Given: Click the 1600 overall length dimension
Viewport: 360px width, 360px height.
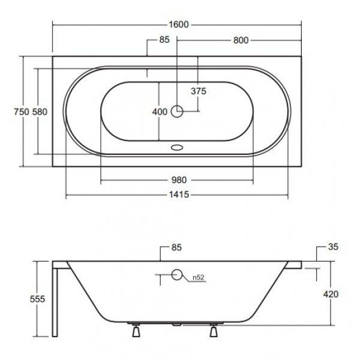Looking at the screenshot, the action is click(179, 25).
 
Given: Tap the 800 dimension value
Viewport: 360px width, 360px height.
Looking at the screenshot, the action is click(241, 40).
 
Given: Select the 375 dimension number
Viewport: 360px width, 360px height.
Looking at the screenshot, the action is click(199, 91).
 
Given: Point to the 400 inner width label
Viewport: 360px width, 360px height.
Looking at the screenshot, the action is click(160, 112).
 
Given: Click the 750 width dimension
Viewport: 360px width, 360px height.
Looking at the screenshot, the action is click(22, 112).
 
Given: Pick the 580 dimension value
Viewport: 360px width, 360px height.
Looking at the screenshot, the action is click(40, 112).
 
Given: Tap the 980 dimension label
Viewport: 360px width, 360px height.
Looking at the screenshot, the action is click(179, 180).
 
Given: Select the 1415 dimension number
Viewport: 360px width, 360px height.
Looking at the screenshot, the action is click(179, 194).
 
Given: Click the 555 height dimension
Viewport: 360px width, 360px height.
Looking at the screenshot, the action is click(37, 299).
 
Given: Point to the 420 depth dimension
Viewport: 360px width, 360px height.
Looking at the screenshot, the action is click(331, 294).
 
